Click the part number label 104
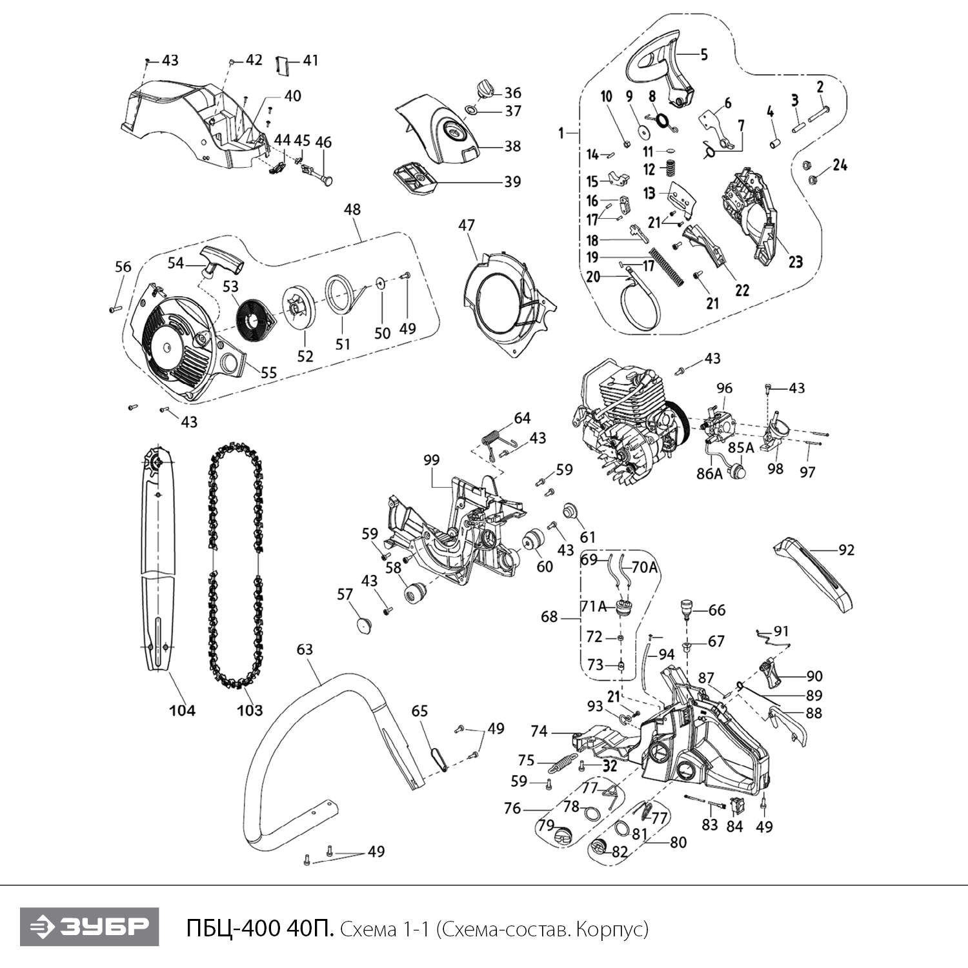click(182, 711)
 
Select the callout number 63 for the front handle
click(305, 649)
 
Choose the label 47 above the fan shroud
click(467, 225)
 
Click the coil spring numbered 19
click(665, 265)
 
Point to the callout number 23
click(795, 261)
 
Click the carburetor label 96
click(725, 388)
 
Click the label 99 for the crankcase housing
click(431, 460)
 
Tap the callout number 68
click(549, 617)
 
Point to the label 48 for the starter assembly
click(352, 210)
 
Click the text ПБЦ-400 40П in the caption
click(259, 929)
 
